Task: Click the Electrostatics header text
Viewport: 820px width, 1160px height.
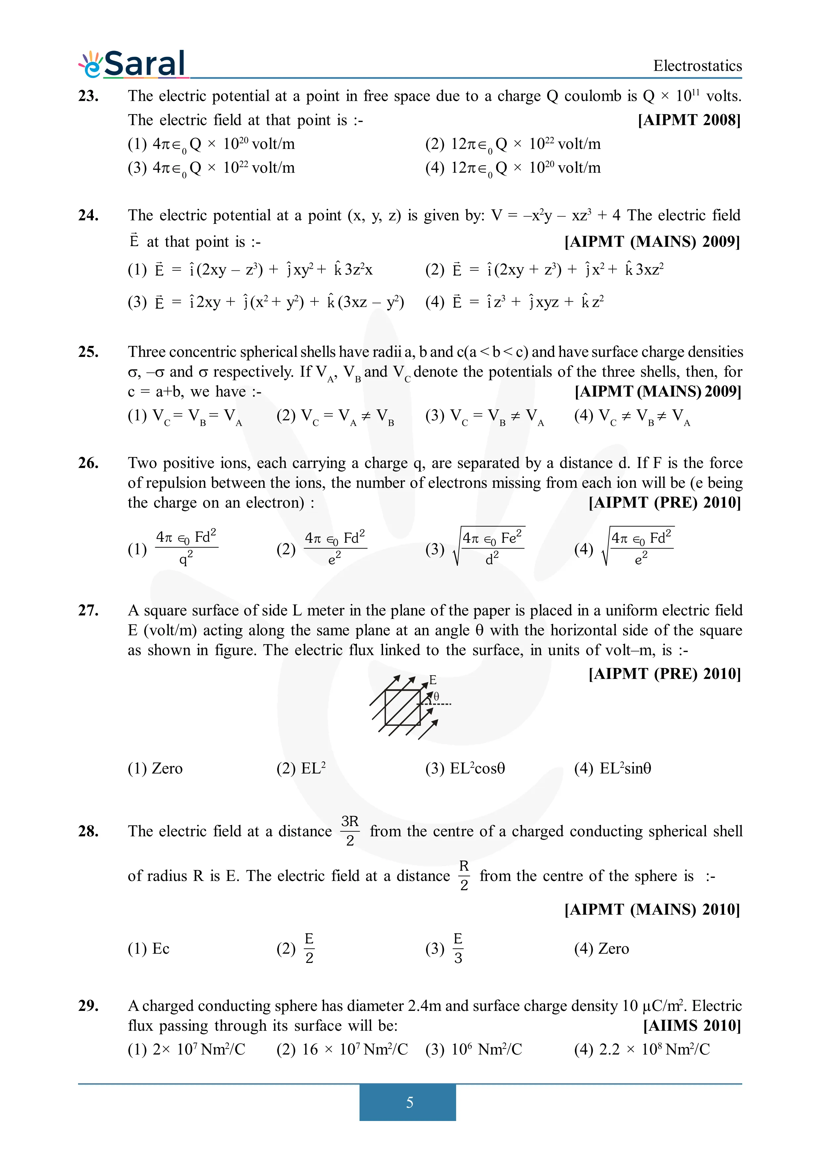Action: click(x=697, y=66)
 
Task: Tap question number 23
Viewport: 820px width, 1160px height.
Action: click(x=88, y=96)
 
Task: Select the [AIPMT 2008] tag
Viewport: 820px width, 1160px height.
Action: click(x=689, y=120)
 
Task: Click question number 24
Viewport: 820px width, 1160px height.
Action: click(x=88, y=216)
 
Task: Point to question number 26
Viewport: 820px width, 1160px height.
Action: click(x=88, y=463)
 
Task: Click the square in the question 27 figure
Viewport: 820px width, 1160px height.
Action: click(x=402, y=707)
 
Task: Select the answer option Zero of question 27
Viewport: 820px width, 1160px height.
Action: click(x=155, y=769)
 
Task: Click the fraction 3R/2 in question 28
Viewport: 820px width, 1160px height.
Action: click(x=350, y=831)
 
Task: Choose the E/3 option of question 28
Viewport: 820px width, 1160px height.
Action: click(x=445, y=949)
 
